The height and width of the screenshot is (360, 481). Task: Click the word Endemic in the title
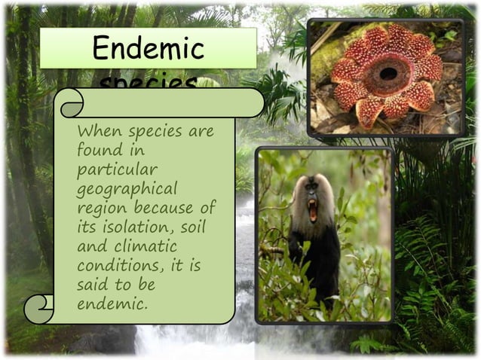point(148,49)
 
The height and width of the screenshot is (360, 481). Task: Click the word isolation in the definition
point(133,227)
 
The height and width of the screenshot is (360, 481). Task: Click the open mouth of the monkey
point(312,210)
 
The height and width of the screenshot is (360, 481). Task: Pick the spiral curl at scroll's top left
point(72,103)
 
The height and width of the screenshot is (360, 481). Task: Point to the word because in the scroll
point(165,207)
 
